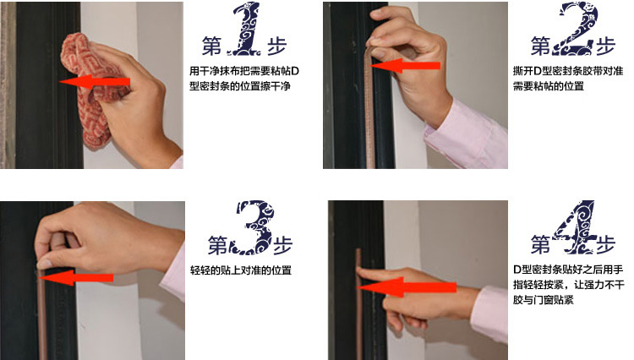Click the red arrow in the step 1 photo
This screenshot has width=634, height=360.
pyautogui.click(x=95, y=82)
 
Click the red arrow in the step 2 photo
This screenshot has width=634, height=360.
pyautogui.click(x=405, y=65)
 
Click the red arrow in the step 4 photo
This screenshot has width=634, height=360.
pyautogui.click(x=407, y=286)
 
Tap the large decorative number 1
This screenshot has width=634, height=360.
pyautogui.click(x=244, y=29)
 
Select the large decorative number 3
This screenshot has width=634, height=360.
pyautogui.click(x=252, y=227)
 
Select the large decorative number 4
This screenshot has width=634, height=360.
pyautogui.click(x=575, y=227)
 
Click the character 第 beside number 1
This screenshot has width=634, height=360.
pyautogui.click(x=212, y=46)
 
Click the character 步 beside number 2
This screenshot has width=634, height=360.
pyautogui.click(x=605, y=46)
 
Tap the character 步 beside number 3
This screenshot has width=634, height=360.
pyautogui.click(x=282, y=245)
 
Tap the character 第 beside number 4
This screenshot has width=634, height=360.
pyautogui.click(x=541, y=245)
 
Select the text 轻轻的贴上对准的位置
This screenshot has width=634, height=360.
pyautogui.click(x=241, y=270)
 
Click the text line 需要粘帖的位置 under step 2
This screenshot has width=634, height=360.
pyautogui.click(x=549, y=86)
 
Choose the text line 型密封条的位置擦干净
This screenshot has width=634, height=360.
pyautogui.click(x=240, y=86)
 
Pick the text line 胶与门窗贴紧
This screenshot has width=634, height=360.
pyautogui.click(x=544, y=300)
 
